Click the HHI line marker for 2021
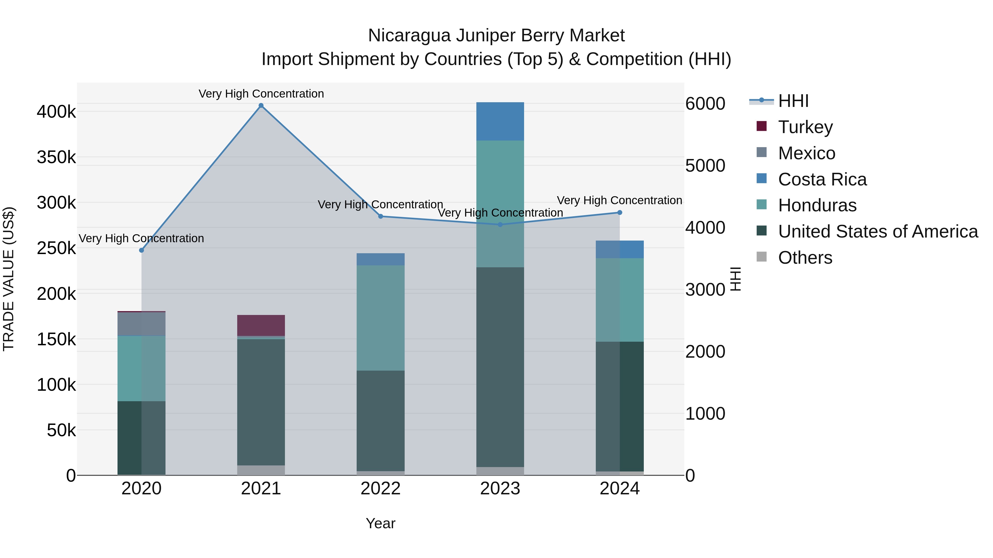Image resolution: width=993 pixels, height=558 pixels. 261,106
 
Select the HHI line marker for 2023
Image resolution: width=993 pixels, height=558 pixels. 500,225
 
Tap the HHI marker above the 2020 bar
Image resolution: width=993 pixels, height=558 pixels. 142,250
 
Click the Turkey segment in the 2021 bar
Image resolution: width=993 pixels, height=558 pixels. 261,325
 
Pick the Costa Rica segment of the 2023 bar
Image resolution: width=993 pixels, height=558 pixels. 500,121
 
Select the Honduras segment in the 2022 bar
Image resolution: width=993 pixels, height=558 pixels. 380,318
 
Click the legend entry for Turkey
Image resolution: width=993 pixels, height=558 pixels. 805,127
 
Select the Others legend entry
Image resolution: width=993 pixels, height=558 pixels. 805,258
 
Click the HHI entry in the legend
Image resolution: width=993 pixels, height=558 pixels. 793,101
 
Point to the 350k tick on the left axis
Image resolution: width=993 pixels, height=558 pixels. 56,157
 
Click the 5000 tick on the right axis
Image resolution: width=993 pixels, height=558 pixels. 705,166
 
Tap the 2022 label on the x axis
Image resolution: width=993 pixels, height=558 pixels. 380,489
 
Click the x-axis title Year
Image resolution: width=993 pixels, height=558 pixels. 380,523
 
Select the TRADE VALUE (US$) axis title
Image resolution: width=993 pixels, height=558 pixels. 9,279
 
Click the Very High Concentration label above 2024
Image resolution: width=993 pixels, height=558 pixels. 620,200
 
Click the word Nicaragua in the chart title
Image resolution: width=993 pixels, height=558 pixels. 409,36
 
